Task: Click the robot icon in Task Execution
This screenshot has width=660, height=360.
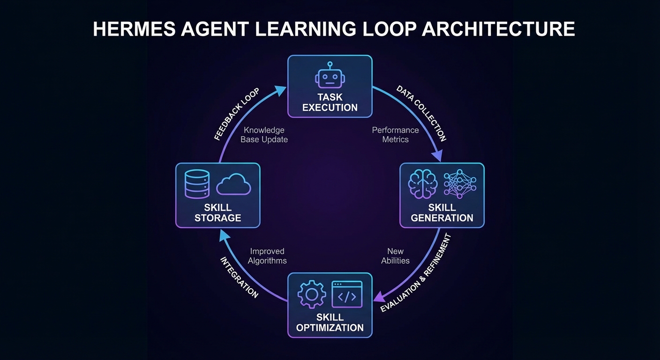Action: (330, 75)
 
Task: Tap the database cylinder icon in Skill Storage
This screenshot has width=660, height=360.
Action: (197, 184)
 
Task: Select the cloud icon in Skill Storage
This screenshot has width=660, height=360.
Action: (233, 184)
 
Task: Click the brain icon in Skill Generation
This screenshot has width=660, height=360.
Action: (422, 184)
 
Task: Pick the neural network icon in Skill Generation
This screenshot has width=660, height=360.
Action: (460, 184)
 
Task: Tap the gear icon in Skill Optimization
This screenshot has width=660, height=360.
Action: (312, 294)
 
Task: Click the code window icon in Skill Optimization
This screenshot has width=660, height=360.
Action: (347, 294)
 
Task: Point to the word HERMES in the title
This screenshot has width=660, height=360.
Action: (135, 29)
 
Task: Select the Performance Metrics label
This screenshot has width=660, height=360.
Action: (396, 135)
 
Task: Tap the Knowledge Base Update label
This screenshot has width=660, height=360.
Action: (264, 135)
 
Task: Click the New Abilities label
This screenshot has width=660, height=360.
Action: (396, 256)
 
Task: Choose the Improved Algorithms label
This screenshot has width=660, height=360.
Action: (267, 256)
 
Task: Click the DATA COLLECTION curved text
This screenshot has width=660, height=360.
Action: (421, 113)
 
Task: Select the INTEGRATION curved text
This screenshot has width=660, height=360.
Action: (239, 277)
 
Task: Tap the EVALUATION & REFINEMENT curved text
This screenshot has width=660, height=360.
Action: (416, 273)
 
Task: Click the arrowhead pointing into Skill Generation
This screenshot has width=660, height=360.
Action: (437, 155)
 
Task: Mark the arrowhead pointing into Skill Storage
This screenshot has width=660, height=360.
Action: (225, 236)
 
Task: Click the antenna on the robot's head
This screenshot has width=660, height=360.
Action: (330, 66)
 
